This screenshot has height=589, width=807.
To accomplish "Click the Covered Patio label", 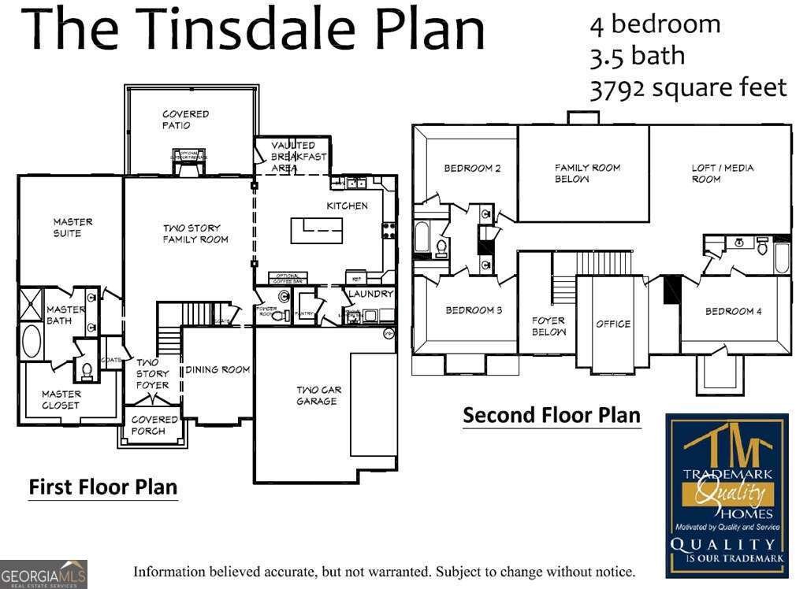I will tap(185, 120).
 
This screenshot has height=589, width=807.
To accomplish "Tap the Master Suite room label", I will tap(73, 228).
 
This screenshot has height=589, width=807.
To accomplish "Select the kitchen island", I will tap(317, 231).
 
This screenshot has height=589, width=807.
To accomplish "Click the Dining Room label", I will tap(218, 369).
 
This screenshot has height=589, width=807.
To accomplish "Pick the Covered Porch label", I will tap(148, 425).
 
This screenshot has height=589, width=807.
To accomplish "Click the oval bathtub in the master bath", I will tap(32, 340).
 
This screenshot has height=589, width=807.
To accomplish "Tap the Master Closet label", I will tap(61, 399).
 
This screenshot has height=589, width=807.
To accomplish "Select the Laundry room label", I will tap(370, 294).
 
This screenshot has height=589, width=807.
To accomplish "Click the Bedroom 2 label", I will tap(472, 168).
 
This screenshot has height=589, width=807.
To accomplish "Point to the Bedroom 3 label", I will tap(474, 310).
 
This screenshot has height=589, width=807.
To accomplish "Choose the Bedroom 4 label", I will tap(733, 311).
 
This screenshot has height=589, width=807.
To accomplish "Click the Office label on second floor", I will tap(612, 324).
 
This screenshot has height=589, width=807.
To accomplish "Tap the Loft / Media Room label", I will tap(722, 173).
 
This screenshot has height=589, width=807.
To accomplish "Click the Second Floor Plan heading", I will tap(552, 415).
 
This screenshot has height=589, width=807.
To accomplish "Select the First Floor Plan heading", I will tap(103, 487).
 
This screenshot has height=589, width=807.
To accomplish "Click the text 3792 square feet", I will tap(688, 87).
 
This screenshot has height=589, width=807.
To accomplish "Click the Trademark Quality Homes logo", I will tap(726, 494).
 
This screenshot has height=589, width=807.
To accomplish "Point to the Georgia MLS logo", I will tap(43, 575).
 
